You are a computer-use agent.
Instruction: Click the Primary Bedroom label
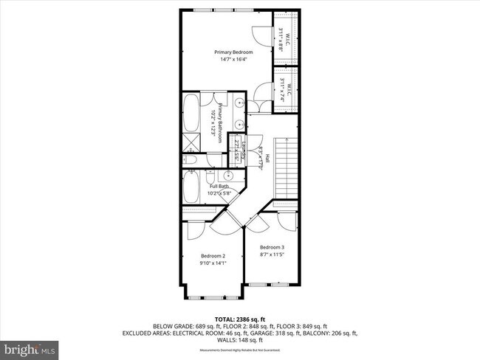tap(233, 52)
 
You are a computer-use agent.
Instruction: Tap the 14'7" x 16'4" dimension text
tap(233, 60)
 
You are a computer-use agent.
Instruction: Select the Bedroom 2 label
tap(213, 254)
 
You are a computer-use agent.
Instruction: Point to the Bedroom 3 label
tap(272, 247)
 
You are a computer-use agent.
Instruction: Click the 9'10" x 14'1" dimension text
tap(213, 262)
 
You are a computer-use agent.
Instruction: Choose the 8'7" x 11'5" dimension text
tap(272, 255)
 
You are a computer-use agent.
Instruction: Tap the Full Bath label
tap(219, 186)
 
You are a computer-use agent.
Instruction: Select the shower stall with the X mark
tap(192, 142)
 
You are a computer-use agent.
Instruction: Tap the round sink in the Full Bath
tap(228, 176)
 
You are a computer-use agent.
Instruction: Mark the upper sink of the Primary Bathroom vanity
tap(241, 104)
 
